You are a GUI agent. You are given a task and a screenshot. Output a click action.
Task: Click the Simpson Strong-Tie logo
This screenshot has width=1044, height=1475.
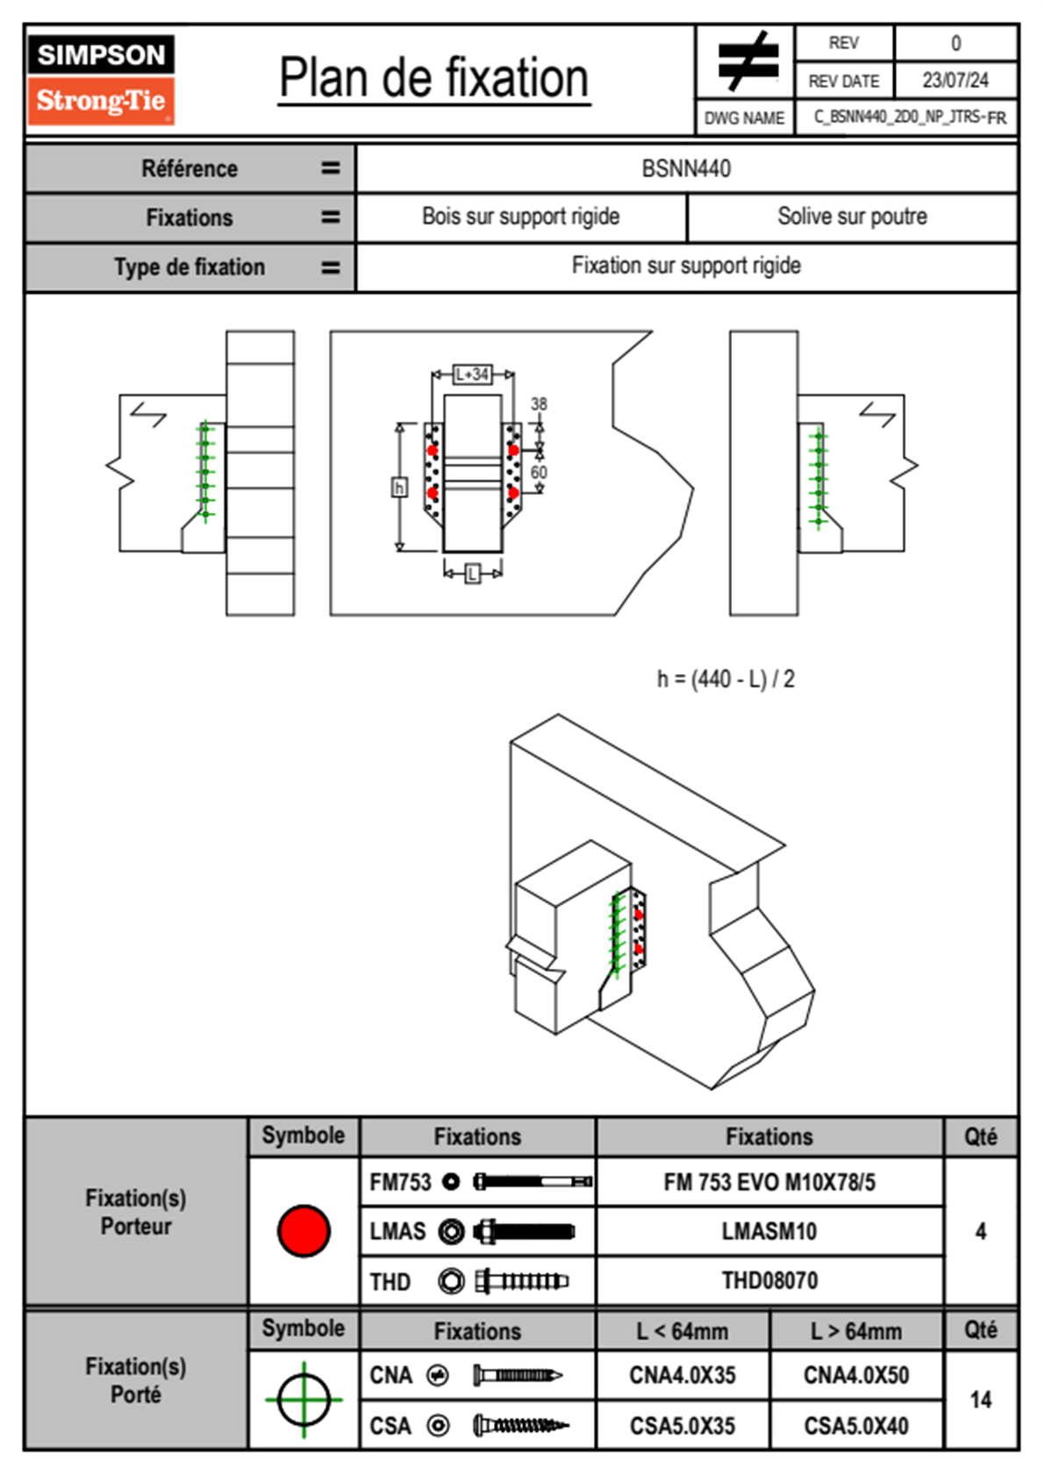[101, 79]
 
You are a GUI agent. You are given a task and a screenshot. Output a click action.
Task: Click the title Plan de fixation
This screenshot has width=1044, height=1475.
[433, 79]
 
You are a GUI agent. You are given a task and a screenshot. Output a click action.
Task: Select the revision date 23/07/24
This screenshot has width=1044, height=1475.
[955, 81]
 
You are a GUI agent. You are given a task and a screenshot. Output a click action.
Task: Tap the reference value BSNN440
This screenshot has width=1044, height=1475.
[686, 168]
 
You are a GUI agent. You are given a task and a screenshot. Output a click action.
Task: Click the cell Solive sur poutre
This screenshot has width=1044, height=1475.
[852, 217]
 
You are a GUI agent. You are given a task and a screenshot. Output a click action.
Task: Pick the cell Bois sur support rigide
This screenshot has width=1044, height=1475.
[520, 217]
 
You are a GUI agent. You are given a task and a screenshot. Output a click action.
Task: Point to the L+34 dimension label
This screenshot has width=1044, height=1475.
[472, 374]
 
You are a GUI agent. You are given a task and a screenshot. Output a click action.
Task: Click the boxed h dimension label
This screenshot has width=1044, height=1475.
[399, 488]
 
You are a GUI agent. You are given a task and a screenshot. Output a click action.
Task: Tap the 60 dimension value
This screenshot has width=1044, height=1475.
[539, 473]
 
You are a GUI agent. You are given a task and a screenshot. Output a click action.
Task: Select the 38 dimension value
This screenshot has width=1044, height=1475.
[539, 404]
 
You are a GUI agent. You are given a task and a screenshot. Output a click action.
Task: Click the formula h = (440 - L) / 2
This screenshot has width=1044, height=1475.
[726, 680]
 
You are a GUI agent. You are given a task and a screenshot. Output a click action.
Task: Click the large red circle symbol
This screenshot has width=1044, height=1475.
[304, 1231]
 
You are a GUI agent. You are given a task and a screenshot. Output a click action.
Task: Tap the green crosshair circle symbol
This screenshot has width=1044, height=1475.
[304, 1400]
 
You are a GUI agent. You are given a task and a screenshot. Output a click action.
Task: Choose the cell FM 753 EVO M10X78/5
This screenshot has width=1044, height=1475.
[769, 1183]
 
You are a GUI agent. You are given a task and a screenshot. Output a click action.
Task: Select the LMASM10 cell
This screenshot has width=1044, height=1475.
[769, 1232]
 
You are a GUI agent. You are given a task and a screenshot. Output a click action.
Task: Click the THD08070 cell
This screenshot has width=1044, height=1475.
[769, 1281]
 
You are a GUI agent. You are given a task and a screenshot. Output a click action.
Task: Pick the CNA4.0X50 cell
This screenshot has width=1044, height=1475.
[856, 1375]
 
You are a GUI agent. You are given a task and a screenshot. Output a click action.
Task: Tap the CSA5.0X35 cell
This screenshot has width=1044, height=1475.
[683, 1426]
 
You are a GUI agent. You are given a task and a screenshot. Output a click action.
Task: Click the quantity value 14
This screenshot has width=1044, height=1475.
[981, 1400]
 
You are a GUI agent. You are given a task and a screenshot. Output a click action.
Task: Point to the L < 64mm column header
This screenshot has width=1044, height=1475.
[683, 1332]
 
